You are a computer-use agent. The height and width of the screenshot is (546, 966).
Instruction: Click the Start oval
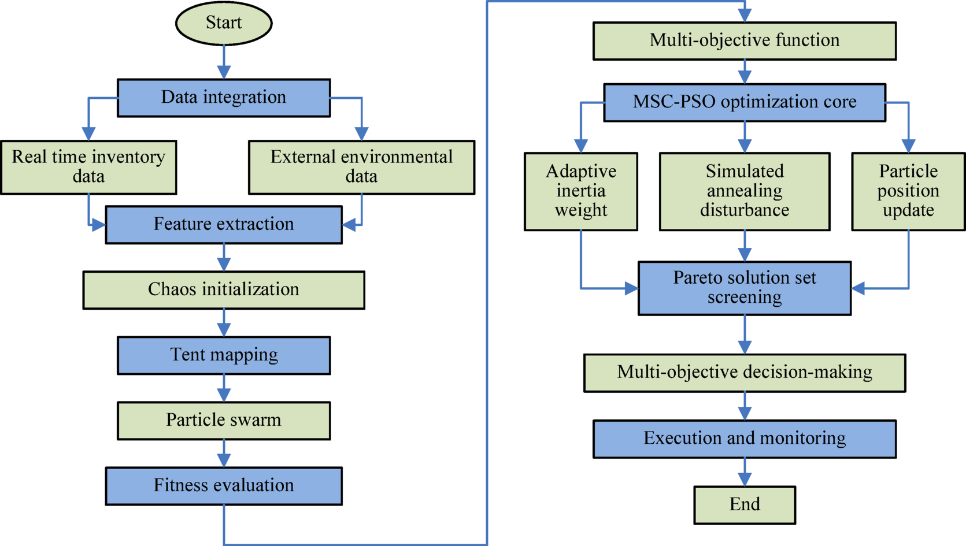point(224,23)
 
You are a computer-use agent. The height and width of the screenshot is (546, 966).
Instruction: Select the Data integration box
point(224,98)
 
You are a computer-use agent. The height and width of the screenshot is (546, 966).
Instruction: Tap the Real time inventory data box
point(88,167)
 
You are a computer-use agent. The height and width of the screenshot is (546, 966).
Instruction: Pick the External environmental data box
point(361,167)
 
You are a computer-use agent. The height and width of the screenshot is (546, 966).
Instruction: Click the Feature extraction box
point(224,224)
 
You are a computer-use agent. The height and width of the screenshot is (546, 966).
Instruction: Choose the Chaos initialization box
point(224,289)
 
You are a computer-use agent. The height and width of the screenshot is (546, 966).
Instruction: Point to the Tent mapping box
point(224,355)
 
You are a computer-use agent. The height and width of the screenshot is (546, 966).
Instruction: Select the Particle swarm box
point(224,420)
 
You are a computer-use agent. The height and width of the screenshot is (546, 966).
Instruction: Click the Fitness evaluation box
point(224,485)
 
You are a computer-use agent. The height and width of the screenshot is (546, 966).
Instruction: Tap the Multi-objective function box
point(745,40)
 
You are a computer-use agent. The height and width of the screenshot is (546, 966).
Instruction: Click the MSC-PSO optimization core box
point(745,102)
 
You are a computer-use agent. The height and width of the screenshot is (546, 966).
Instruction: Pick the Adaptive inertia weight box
point(581,191)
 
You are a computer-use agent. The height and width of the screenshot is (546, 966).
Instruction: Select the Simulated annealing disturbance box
point(745,191)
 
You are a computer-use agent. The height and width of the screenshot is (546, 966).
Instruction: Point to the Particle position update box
point(908,191)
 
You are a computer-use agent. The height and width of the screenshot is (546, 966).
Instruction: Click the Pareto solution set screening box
point(745,288)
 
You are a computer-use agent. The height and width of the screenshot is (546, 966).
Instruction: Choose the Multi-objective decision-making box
point(745,373)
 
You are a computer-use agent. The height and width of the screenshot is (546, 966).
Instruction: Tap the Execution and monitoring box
point(745,439)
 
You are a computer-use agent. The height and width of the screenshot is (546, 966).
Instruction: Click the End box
point(745,504)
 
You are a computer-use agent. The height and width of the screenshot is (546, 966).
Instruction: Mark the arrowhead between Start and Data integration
point(224,72)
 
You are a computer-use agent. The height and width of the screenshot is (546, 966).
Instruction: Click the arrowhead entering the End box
point(745,479)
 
